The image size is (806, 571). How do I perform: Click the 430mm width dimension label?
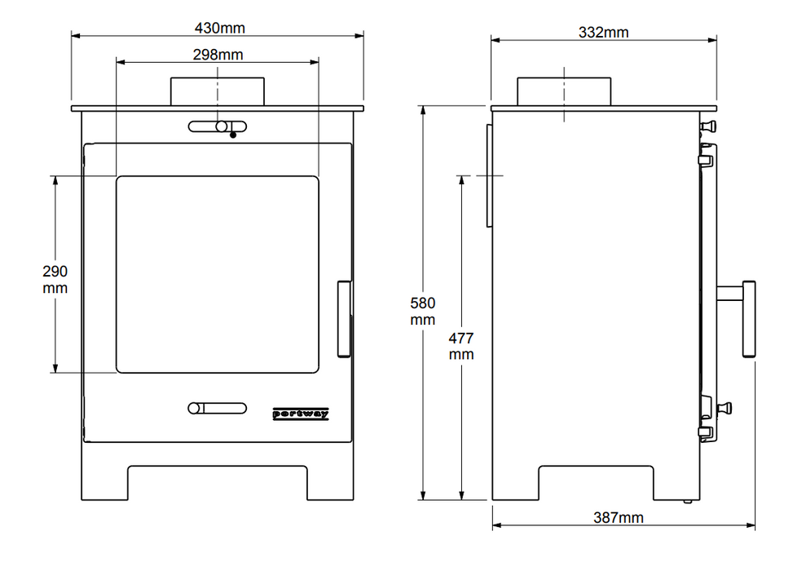pos(219,28)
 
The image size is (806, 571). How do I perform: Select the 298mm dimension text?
pos(218,55)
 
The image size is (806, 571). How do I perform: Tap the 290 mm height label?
pos(55,279)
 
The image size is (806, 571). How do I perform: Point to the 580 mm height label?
pos(422,312)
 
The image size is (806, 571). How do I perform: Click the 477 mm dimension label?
pos(461,346)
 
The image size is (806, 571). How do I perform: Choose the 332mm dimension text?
pos(603,33)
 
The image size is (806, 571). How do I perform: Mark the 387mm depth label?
pos(619,517)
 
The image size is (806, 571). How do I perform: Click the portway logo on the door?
pos(301,414)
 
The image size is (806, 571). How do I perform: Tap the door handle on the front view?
pos(344,319)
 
